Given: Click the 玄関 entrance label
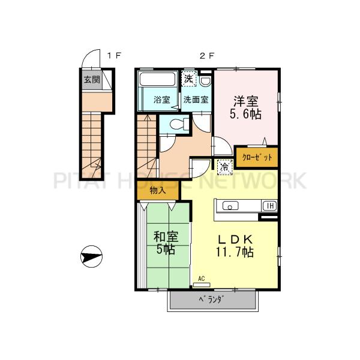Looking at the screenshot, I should coord(91,79).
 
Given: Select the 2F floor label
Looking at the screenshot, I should coord(207,56).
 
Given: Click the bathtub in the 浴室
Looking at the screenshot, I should coord(157,80).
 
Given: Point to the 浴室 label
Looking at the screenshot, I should coord(161,100).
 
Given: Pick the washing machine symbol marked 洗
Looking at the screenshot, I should coord(189,79).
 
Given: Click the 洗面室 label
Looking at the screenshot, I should coord(196,100).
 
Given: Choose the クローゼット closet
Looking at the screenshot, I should coord(257,157).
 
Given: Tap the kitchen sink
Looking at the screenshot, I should coord(231,206).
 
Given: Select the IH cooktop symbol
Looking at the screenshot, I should coord(270,206).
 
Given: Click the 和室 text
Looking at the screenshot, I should coord(165,237).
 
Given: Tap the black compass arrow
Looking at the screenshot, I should coord(91,257).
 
